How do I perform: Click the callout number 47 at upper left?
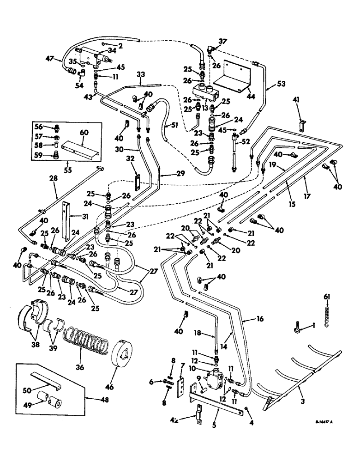[x=49, y=60]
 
